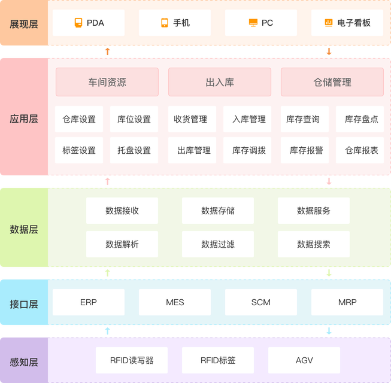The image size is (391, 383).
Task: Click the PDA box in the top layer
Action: click(89, 23)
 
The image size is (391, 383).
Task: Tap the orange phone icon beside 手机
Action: click(165, 23)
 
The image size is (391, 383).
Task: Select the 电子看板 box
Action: click(347, 23)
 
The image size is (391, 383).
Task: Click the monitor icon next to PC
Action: click(253, 23)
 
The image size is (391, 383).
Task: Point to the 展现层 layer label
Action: click(24, 24)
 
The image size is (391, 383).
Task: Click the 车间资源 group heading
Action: click(107, 83)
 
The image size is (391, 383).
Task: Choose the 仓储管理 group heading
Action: click(332, 83)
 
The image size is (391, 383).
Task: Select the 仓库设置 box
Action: click(79, 119)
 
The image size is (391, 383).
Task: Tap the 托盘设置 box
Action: click(134, 150)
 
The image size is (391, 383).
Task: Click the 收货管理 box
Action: click(191, 119)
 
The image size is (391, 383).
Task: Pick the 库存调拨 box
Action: click(248, 150)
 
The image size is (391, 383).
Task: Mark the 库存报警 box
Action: click(305, 150)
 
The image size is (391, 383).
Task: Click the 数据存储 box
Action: click(218, 211)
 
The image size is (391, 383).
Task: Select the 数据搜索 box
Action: click(314, 244)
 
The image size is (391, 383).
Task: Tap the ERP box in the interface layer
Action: click(89, 302)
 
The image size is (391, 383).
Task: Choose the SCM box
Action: click(261, 302)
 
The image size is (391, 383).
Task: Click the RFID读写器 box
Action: click(132, 360)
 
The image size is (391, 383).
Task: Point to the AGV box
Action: click(304, 360)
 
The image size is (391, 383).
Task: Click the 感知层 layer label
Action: click(24, 362)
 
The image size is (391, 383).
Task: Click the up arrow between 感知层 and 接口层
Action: click(108, 331)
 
